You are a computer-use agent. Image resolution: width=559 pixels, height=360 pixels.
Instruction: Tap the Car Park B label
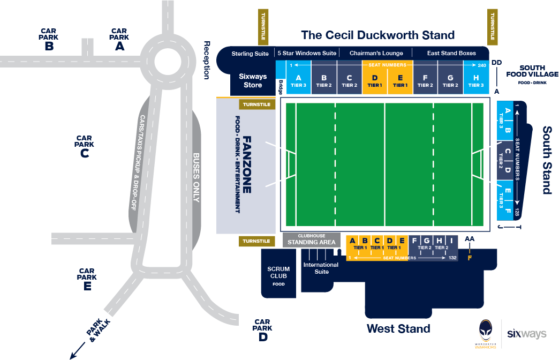click(49, 40)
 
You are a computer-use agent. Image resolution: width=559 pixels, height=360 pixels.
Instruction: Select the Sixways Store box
click(253, 81)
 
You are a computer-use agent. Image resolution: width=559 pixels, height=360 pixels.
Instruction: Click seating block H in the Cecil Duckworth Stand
click(475, 81)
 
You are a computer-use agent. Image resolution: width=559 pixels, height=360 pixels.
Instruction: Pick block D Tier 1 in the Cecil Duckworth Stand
click(375, 81)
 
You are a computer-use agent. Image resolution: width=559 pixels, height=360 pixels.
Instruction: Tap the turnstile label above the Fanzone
click(256, 105)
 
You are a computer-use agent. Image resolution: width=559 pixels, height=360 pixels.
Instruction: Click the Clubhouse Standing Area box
click(312, 239)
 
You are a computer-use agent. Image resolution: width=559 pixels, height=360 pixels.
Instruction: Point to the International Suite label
click(321, 268)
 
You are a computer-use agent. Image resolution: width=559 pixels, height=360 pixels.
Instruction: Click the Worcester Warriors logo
click(486, 334)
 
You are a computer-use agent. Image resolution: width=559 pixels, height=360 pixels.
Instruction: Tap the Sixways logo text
click(527, 334)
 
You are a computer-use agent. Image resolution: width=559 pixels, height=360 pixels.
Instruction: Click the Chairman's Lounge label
click(376, 54)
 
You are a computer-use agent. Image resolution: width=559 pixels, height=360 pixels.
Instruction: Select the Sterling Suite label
click(250, 54)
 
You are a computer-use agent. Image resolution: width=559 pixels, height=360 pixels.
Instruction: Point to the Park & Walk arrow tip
click(71, 357)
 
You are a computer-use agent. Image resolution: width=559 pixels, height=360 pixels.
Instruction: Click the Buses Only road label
click(195, 177)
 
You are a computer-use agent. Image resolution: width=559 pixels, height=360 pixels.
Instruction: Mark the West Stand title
click(398, 328)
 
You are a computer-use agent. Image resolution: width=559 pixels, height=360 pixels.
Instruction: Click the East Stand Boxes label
click(451, 54)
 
